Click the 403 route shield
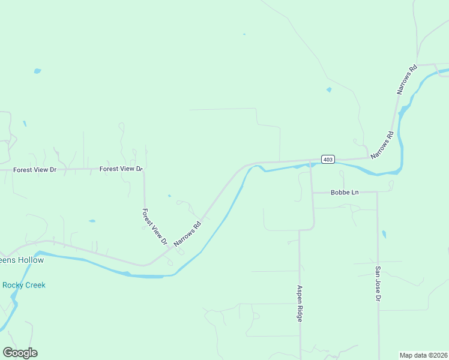pyautogui.click(x=327, y=159)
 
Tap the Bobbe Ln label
pyautogui.click(x=345, y=193)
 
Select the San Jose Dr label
pyautogui.click(x=378, y=284)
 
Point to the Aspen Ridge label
pyautogui.click(x=299, y=304)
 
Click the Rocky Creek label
pyautogui.click(x=24, y=285)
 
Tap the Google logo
pyautogui.click(x=20, y=353)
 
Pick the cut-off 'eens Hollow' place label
pyautogui.click(x=22, y=260)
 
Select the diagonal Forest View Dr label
pyautogui.click(x=154, y=227)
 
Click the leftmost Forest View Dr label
pyautogui.click(x=35, y=170)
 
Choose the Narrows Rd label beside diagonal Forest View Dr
pyautogui.click(x=187, y=234)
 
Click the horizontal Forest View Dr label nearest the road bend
pyautogui.click(x=121, y=169)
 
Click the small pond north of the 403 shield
pyautogui.click(x=329, y=90)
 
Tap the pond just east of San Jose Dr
pyautogui.click(x=384, y=235)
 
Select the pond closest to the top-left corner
pyautogui.click(x=38, y=71)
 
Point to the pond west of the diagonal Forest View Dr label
pyautogui.click(x=92, y=221)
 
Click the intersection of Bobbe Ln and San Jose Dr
pyautogui.click(x=377, y=193)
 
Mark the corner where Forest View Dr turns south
pyautogui.click(x=144, y=170)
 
